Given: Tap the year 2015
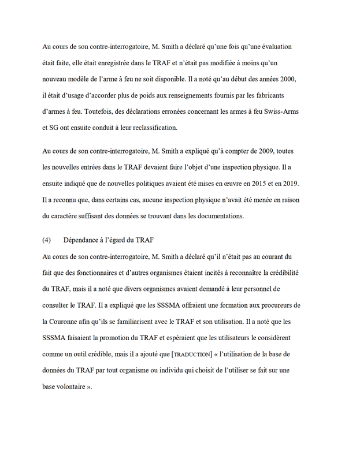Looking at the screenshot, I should point(253,184).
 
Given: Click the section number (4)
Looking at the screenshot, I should point(47,240).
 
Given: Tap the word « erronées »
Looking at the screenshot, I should point(200,110).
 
